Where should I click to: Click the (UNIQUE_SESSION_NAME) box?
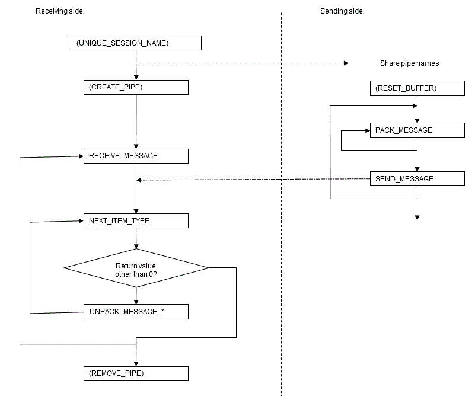136,43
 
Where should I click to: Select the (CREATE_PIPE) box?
136,87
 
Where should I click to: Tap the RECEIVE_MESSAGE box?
136,156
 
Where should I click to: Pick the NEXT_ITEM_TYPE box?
136,221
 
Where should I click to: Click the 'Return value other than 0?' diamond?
136,268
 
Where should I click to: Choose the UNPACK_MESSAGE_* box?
136,312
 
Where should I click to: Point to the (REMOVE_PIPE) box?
136,374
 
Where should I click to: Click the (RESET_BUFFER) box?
417,88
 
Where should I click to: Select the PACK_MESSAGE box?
417,130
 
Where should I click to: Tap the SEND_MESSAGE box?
417,178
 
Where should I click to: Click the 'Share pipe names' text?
409,63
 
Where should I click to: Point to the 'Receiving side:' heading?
60,11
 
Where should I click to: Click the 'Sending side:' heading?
343,11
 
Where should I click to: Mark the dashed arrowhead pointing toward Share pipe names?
345,63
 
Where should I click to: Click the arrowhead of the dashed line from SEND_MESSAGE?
139,180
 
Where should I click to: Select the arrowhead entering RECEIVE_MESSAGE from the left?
81,156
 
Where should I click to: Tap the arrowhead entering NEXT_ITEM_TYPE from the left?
81,221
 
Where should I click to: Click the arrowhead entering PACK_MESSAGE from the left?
367,130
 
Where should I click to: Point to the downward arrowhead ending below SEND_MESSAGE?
417,218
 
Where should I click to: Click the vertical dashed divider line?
281,237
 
